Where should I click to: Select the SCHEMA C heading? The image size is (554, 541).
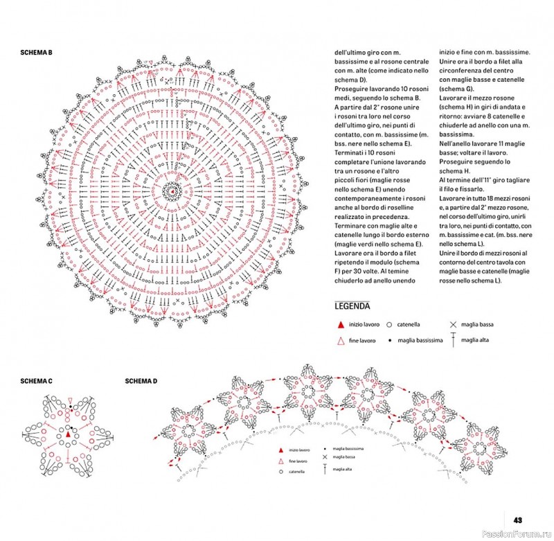pyautogui.click(x=37, y=381)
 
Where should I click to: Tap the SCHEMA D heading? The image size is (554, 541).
pyautogui.click(x=141, y=381)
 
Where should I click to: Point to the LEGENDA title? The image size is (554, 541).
pyautogui.click(x=352, y=305)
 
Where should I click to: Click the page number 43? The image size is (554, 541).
pyautogui.click(x=518, y=521)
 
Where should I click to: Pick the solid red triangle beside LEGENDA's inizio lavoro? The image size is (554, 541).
pyautogui.click(x=340, y=324)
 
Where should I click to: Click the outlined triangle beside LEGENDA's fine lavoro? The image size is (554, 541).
pyautogui.click(x=340, y=340)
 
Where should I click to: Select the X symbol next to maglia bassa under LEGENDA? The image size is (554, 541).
pyautogui.click(x=453, y=324)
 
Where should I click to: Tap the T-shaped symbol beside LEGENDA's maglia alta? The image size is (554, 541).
pyautogui.click(x=453, y=339)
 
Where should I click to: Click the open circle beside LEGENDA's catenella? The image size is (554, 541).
pyautogui.click(x=390, y=324)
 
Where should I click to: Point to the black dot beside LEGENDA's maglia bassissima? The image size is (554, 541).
pyautogui.click(x=390, y=341)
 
